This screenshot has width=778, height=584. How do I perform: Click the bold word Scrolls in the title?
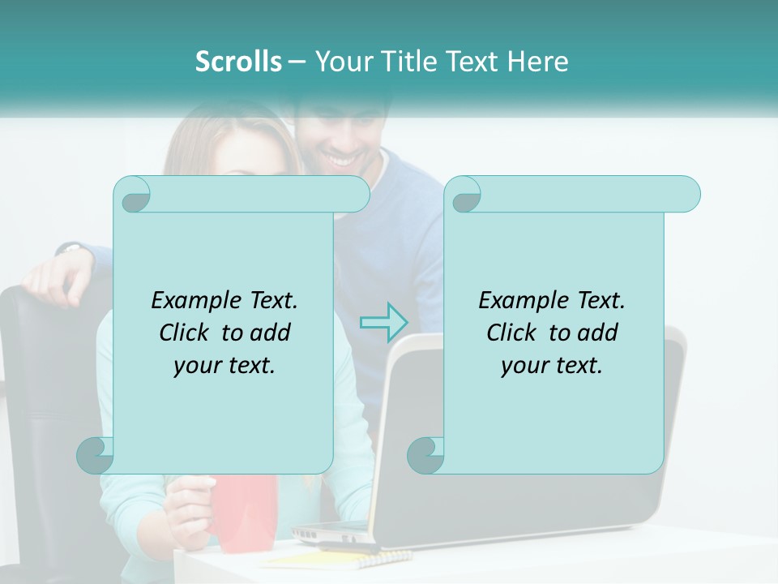(x=238, y=62)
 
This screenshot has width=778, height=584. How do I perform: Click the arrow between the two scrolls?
(x=383, y=322)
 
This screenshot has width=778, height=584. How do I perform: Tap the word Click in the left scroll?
(x=188, y=333)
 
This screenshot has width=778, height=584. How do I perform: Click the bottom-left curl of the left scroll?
(x=96, y=455)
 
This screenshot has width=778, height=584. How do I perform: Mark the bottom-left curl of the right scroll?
(x=425, y=455)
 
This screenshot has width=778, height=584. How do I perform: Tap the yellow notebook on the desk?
(x=340, y=558)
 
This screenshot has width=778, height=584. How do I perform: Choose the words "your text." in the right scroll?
(x=552, y=366)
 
